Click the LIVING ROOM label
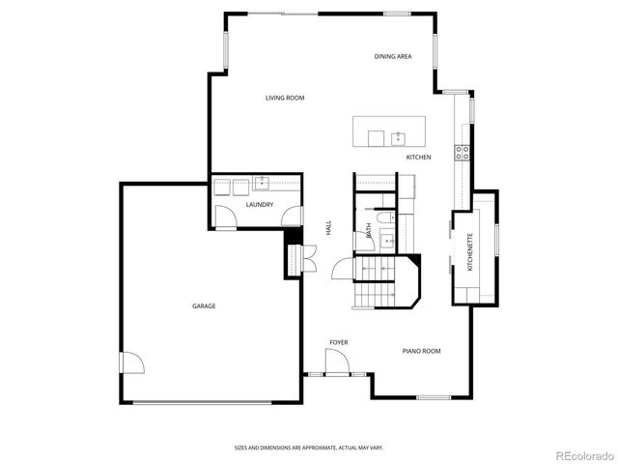tap(285, 98)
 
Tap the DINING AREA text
tap(393, 57)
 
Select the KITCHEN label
tap(418, 157)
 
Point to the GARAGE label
tap(203, 305)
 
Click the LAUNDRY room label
tap(259, 205)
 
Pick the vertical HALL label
tap(328, 228)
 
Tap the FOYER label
tap(338, 342)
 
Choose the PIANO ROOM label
tap(421, 351)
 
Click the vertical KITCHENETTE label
tap(470, 252)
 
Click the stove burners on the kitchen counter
tap(463, 151)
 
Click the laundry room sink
tap(262, 182)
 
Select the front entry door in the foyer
tap(337, 364)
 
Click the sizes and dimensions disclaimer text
tap(308, 448)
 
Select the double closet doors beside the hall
tap(309, 256)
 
